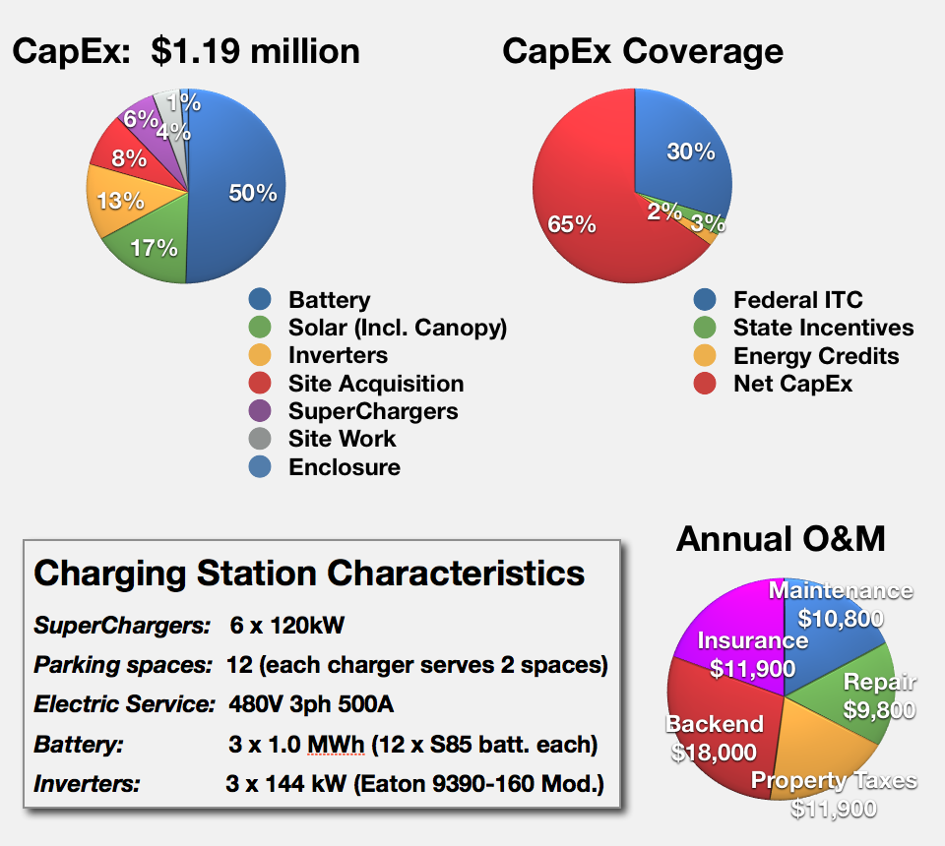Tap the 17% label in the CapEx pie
pos(155,247)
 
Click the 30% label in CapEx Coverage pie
pos(691,151)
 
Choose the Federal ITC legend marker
pos(704,300)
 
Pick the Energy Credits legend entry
pos(816,356)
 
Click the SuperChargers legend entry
pos(373,411)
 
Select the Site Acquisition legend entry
pos(376,384)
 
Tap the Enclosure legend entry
pos(345,467)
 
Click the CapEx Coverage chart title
pos(643,51)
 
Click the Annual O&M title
pos(781,539)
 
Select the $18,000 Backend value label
pos(714,753)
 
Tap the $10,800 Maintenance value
pos(841,619)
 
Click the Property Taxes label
pos(835,781)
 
